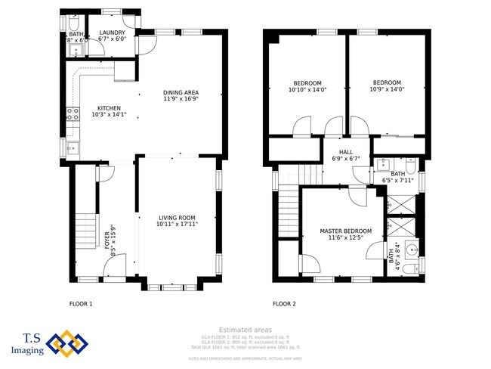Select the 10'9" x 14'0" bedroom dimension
tap(387, 89)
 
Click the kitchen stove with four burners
tap(73, 114)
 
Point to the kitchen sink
tap(73, 147)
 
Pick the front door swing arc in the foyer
tap(107, 173)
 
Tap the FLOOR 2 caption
tap(284, 304)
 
